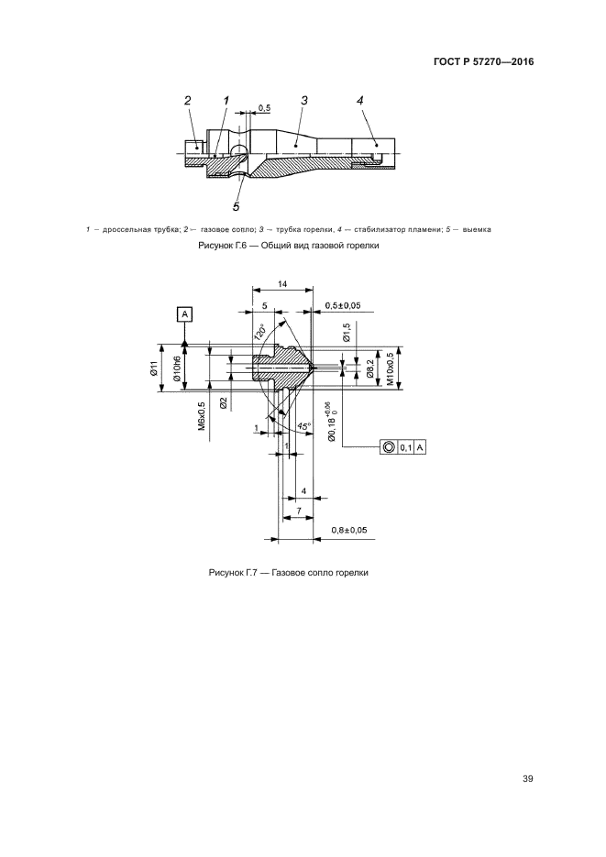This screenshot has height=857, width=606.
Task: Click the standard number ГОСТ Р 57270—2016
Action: point(483,61)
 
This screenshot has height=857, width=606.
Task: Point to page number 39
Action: point(527,779)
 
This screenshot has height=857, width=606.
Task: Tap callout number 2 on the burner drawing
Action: point(188,100)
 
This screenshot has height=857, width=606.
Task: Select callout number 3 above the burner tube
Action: point(304,100)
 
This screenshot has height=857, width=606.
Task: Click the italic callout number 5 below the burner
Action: point(236,206)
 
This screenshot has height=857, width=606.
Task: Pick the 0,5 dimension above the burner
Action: point(264,108)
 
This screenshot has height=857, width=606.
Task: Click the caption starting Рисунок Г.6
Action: point(289,246)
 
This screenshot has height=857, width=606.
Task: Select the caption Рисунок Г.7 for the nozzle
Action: point(289,572)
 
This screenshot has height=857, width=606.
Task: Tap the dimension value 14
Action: point(282,283)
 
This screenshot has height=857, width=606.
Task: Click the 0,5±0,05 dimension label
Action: point(343,305)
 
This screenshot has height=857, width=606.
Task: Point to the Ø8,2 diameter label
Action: point(370,367)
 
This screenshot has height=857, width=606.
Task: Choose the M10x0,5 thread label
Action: point(391,368)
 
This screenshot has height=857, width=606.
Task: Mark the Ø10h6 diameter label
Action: point(176,368)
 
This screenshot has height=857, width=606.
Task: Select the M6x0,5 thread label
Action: point(201,415)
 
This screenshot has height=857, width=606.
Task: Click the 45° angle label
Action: point(303,425)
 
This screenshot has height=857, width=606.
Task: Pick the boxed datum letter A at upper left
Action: point(184,313)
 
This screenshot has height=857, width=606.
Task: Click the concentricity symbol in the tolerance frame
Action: point(389,447)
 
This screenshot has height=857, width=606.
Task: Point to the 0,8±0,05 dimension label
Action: point(349,530)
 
